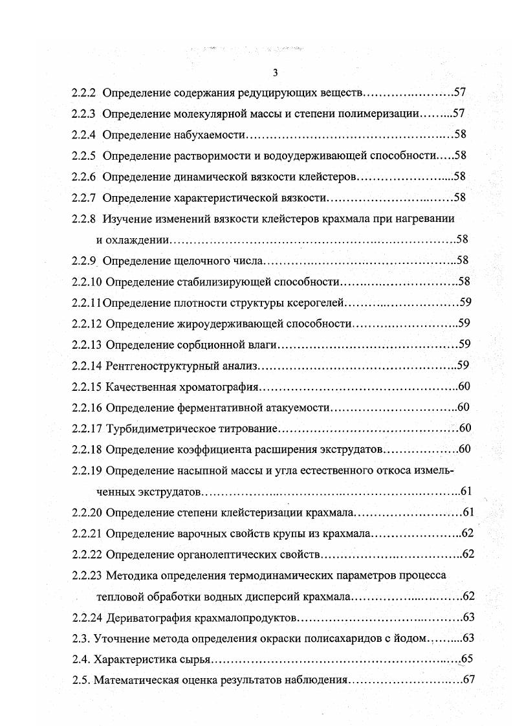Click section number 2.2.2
tap(84, 93)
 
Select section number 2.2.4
tap(84, 135)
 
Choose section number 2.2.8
tap(84, 218)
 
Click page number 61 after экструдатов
tap(466, 491)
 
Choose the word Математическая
tap(135, 680)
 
